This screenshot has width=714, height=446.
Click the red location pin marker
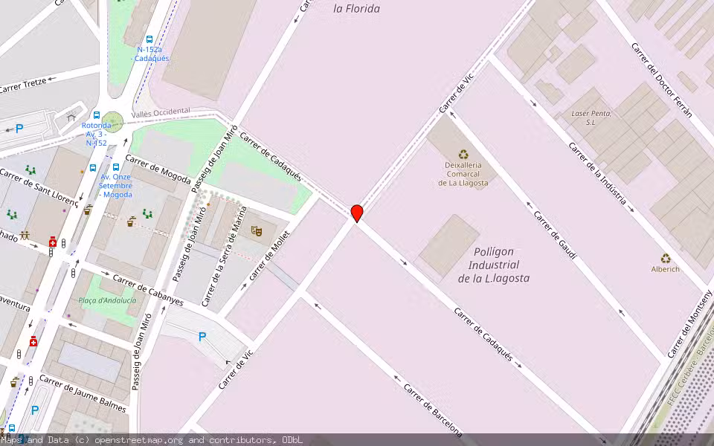click(x=357, y=213)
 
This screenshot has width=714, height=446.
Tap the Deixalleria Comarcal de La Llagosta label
click(x=463, y=174)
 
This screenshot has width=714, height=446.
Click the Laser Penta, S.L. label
click(x=591, y=117)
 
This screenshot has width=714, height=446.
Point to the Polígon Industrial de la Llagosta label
click(x=494, y=265)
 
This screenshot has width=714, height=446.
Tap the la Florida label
click(x=357, y=9)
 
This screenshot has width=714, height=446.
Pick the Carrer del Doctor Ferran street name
click(x=661, y=80)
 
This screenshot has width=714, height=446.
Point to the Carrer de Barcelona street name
click(x=433, y=410)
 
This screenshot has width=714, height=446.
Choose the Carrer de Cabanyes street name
click(x=148, y=290)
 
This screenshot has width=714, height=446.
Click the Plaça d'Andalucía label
click(x=108, y=300)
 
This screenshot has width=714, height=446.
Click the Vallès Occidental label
click(x=160, y=113)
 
